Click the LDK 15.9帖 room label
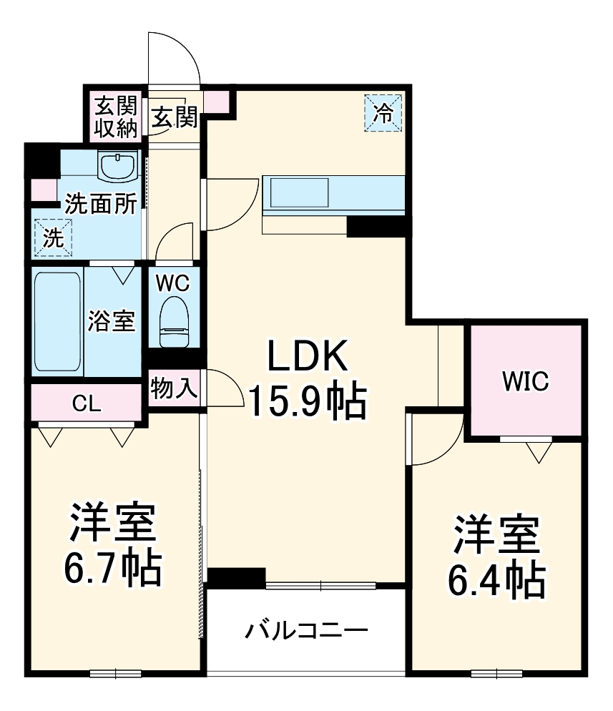[x=307, y=379]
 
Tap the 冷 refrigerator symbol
[x=384, y=113]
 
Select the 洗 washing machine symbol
[x=52, y=237]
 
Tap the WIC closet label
[x=524, y=381]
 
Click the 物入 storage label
[x=174, y=388]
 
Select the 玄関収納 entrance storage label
[x=116, y=117]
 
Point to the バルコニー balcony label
[x=307, y=631]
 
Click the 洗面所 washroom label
[x=101, y=205]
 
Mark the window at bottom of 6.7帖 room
[x=115, y=672]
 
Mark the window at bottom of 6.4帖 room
[x=496, y=672]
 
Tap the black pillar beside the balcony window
[x=236, y=577]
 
